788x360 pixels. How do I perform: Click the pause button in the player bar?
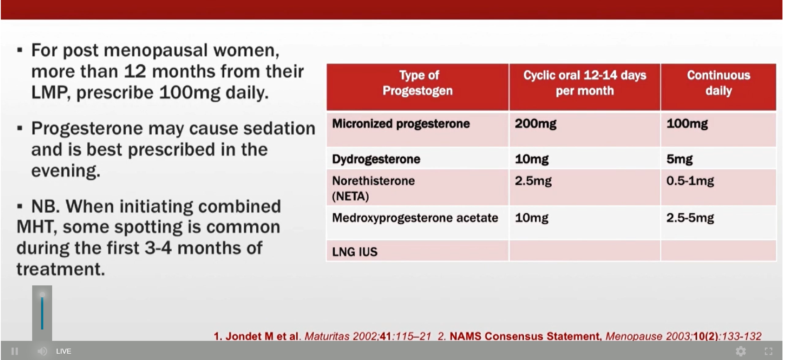(x=14, y=351)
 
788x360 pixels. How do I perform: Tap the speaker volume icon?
(x=42, y=351)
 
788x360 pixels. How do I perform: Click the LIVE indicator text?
(x=64, y=351)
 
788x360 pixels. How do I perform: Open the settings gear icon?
(x=741, y=351)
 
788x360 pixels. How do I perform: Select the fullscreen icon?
(x=768, y=351)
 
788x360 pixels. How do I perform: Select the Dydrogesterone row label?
(x=376, y=159)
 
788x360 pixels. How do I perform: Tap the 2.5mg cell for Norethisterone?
(x=533, y=181)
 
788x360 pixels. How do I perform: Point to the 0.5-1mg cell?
(x=690, y=181)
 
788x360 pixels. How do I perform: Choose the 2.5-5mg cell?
(x=690, y=218)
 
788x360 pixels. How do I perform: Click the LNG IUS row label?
(x=355, y=252)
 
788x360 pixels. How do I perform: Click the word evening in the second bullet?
(x=66, y=171)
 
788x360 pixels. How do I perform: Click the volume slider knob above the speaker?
(x=42, y=295)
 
